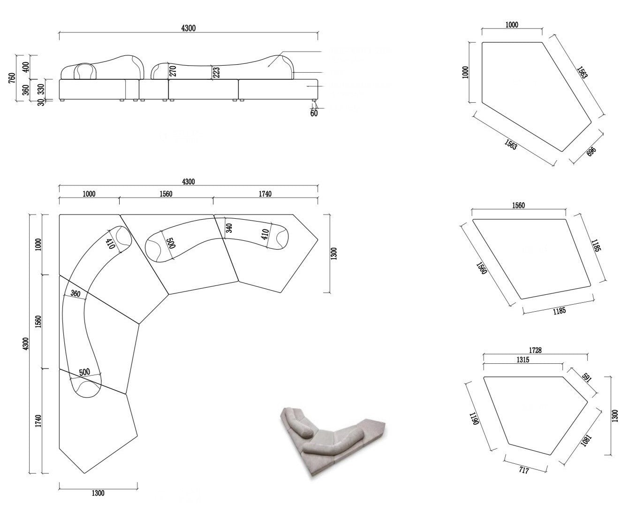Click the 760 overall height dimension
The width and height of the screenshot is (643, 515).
click(x=11, y=77)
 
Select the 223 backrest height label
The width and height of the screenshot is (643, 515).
click(x=216, y=72)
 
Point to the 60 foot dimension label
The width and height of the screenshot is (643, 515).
click(x=314, y=113)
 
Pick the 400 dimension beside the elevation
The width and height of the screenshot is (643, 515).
click(x=26, y=67)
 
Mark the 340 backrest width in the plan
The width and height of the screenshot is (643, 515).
click(x=229, y=228)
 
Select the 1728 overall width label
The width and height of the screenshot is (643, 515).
click(x=535, y=351)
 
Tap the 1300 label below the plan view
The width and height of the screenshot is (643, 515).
click(x=98, y=493)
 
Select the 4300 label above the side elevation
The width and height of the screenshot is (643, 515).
click(x=188, y=28)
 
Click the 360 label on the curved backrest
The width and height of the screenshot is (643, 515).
click(x=75, y=294)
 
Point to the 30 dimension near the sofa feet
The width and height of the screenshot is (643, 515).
click(x=41, y=102)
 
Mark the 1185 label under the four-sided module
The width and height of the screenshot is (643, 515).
click(x=559, y=311)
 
